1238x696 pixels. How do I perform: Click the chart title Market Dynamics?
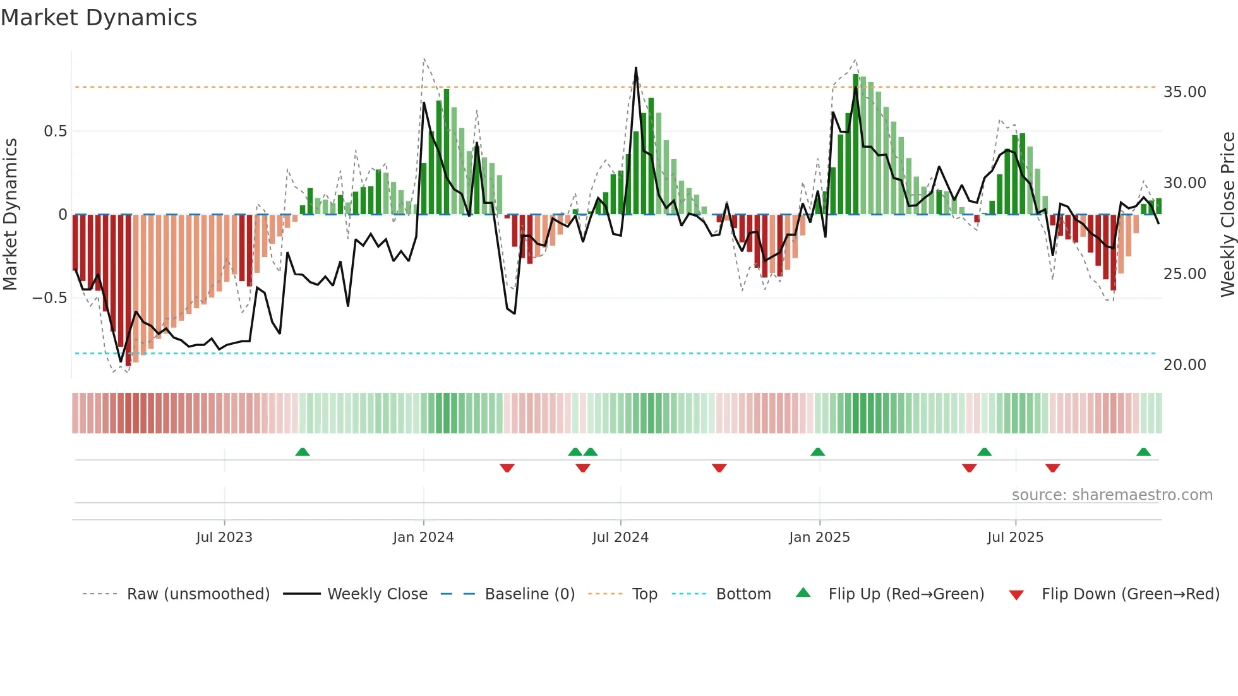tap(99, 18)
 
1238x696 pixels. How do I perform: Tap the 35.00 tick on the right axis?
tap(1184, 92)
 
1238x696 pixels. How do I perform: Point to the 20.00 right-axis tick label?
tap(1184, 365)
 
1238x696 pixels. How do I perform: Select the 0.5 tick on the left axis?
tap(55, 131)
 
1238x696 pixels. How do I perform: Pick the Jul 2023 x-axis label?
tap(224, 537)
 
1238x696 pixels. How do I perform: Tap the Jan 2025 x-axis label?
tap(819, 537)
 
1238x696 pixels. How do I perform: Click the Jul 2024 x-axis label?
tap(620, 537)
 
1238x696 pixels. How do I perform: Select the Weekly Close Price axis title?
tap(1227, 214)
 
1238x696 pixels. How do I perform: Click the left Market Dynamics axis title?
tap(10, 214)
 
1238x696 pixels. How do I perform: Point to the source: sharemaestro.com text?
tap(1112, 495)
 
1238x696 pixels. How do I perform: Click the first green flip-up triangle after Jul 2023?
tap(303, 452)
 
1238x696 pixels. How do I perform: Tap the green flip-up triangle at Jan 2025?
tap(817, 452)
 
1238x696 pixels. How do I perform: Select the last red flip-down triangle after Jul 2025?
tap(1052, 468)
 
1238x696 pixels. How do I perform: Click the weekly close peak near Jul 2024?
tap(635, 68)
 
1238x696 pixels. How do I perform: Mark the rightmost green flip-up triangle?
tap(1143, 452)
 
